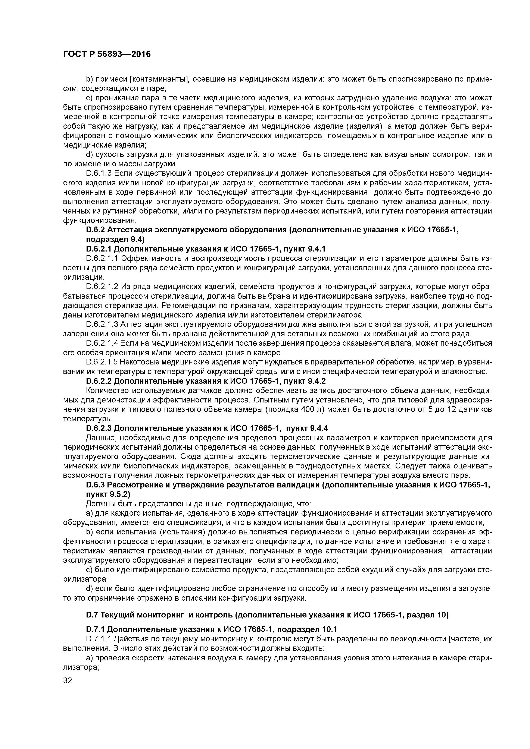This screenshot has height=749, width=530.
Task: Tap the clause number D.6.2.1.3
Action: click(x=102, y=325)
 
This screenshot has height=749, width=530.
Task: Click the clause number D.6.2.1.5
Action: click(x=102, y=362)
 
